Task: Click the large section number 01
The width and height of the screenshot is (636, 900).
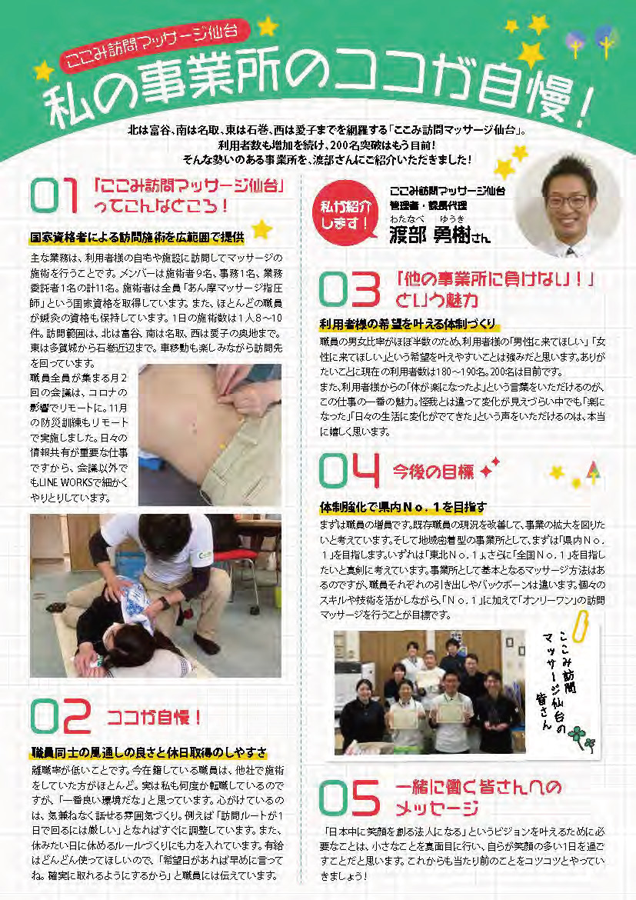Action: [x=53, y=195]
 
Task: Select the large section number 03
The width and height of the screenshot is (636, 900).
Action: [x=350, y=289]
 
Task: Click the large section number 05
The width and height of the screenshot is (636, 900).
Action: [x=350, y=798]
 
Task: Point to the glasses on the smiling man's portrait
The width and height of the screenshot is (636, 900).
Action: [x=567, y=201]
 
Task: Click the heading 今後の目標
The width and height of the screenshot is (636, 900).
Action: [x=433, y=472]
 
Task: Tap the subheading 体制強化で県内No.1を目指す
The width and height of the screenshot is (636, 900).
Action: [x=403, y=506]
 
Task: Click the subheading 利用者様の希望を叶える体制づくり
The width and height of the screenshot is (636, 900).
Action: [x=407, y=325]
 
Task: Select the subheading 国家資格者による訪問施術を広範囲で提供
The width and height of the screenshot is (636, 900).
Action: [x=137, y=237]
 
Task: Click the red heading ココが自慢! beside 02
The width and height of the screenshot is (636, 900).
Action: [x=155, y=717]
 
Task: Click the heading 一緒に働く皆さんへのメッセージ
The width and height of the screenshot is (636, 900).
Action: [x=478, y=798]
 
